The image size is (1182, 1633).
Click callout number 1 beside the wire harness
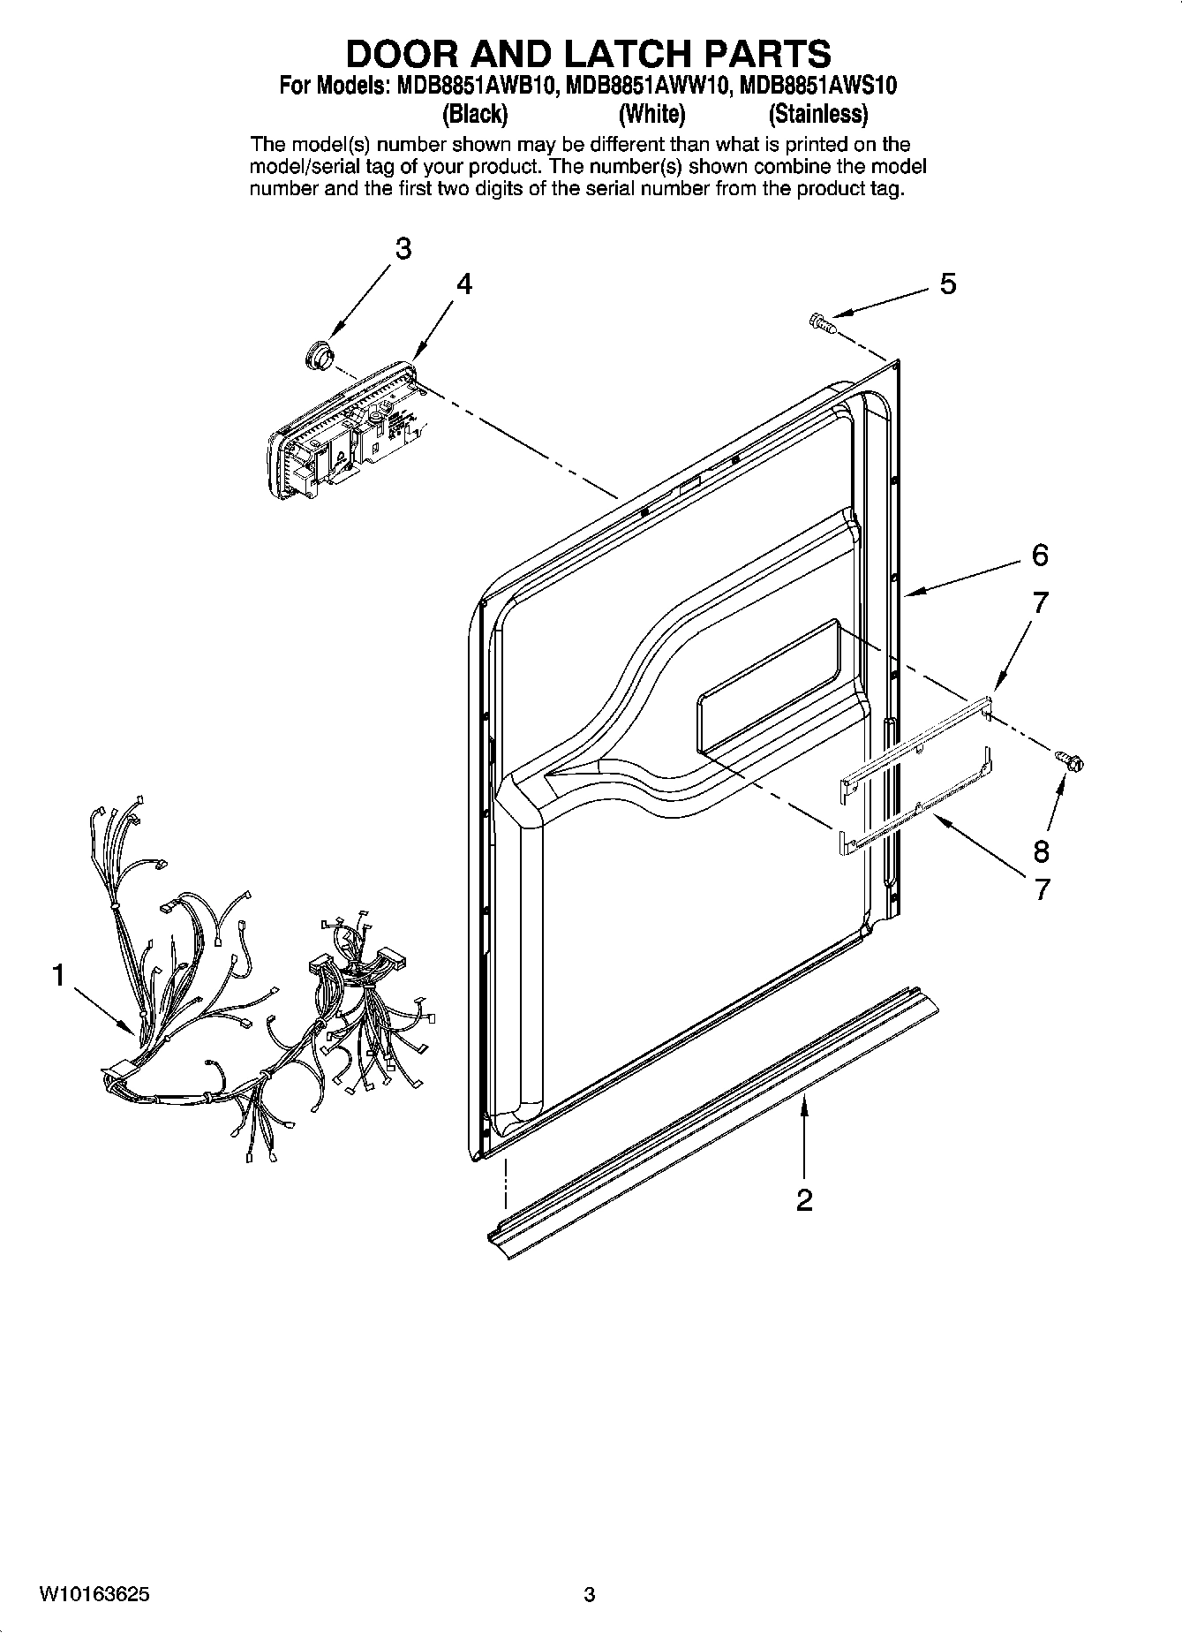tap(58, 976)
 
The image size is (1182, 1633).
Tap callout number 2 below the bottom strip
tap(803, 1200)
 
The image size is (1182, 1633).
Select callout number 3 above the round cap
tap(403, 249)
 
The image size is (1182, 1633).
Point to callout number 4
tap(464, 284)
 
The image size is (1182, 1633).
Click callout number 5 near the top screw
tap(947, 284)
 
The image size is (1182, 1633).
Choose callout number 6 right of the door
tap(1040, 556)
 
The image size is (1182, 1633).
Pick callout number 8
tap(1042, 851)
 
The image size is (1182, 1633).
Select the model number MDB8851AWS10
tap(818, 86)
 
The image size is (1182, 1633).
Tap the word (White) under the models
tap(651, 114)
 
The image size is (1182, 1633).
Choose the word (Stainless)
tap(817, 114)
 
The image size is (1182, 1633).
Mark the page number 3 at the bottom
tap(590, 1594)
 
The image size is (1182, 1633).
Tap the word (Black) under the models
tap(476, 114)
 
